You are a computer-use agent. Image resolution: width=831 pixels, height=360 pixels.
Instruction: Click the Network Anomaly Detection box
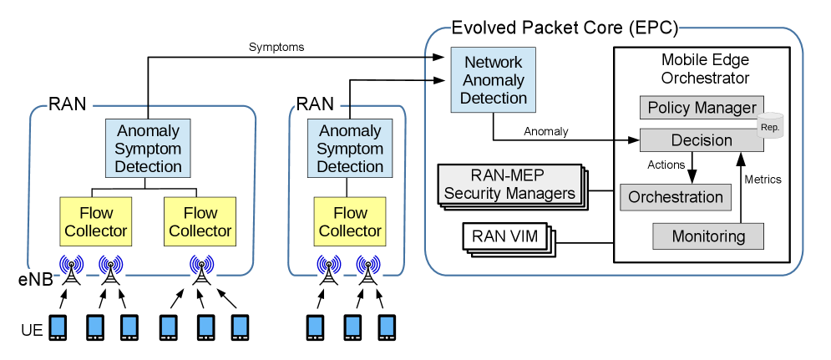(x=494, y=80)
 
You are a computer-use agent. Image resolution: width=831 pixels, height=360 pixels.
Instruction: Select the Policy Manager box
(x=701, y=108)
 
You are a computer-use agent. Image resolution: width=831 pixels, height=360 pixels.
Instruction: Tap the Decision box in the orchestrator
(x=701, y=140)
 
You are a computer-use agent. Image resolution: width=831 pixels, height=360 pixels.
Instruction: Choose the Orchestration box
(x=675, y=197)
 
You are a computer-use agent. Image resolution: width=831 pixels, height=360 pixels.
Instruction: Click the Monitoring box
(x=707, y=236)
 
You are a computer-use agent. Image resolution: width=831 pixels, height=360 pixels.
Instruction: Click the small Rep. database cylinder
(x=768, y=125)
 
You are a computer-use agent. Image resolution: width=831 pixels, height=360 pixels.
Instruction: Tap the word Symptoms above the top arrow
(x=276, y=47)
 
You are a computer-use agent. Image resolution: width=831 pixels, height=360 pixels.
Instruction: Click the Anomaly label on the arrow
(x=545, y=130)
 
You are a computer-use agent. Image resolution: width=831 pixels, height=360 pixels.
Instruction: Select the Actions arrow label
(x=666, y=165)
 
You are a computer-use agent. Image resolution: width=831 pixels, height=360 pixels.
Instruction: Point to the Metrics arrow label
(x=762, y=179)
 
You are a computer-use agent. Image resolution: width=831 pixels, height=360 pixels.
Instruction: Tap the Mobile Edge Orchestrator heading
(x=704, y=69)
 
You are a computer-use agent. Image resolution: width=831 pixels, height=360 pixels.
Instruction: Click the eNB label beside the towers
(x=38, y=281)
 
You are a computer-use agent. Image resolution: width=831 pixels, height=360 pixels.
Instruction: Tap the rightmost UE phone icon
(x=386, y=327)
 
